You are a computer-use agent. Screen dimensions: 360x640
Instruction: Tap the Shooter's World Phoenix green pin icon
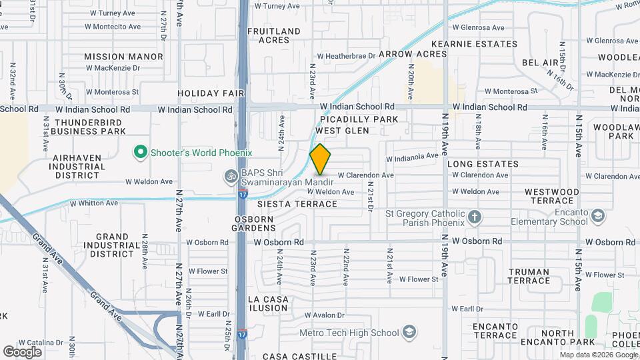point(140,153)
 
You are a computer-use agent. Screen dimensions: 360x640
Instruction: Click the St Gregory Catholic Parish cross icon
point(475,217)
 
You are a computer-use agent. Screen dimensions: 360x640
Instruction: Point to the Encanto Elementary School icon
point(599,216)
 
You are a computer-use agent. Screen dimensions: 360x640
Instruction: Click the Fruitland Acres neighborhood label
point(274,35)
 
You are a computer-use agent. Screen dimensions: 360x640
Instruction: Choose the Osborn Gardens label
point(254,224)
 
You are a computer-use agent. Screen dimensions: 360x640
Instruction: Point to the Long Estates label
point(483,163)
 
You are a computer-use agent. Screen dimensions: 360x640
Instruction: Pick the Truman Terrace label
point(529,276)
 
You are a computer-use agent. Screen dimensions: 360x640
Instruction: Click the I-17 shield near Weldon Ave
point(241,193)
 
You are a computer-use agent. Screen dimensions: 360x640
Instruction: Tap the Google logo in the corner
point(22,351)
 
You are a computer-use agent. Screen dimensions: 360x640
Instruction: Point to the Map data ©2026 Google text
point(597,355)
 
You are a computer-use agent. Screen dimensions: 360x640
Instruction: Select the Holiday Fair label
point(211,93)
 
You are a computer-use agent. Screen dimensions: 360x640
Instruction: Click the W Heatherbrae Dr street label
point(341,57)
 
